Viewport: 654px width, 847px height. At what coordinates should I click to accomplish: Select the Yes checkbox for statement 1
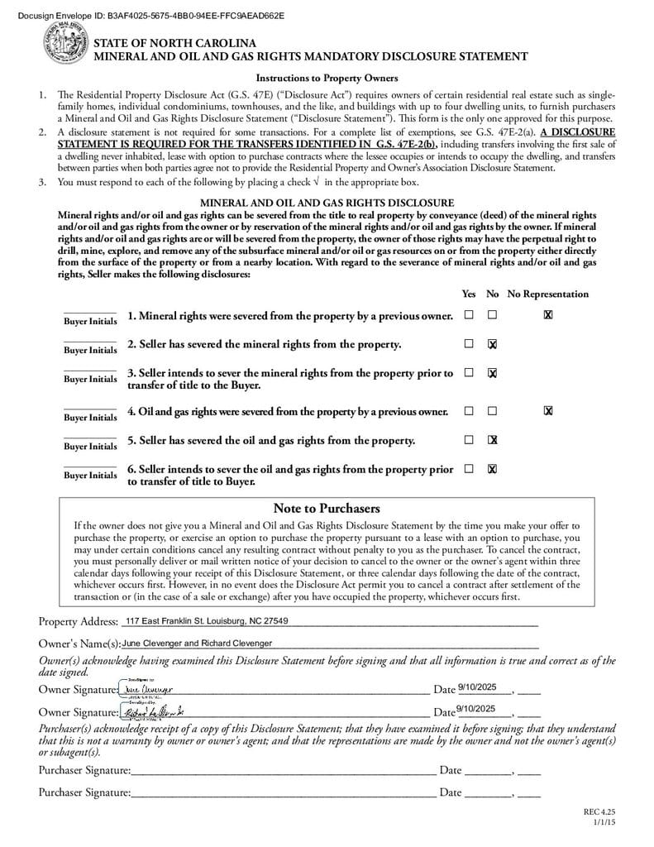point(469,315)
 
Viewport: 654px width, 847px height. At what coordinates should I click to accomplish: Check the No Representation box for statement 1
point(547,315)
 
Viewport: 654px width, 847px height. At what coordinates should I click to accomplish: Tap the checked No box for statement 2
point(492,344)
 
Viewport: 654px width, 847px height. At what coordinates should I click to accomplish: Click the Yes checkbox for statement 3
point(469,373)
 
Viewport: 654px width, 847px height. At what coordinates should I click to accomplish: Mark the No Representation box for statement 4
point(547,410)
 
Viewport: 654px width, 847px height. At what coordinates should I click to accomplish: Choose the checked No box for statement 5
point(492,439)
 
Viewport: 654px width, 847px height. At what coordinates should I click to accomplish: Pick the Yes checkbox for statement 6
point(469,468)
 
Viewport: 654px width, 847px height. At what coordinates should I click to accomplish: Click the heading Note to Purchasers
point(326,508)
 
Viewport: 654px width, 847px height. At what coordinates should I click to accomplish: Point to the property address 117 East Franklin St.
point(206,621)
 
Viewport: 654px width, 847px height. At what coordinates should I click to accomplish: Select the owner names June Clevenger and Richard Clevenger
point(197,643)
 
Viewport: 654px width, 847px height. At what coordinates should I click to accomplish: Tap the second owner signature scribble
point(154,711)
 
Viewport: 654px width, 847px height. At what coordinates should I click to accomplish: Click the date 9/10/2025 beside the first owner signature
point(475,687)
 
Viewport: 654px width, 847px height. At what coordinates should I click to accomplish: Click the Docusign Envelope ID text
point(150,16)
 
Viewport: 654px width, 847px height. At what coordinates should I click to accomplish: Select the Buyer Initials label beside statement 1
point(90,321)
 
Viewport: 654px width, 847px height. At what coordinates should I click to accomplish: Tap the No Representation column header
point(547,294)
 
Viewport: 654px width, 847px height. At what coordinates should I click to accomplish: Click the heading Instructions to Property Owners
point(327,79)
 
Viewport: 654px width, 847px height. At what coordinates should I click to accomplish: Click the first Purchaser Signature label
point(84,770)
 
